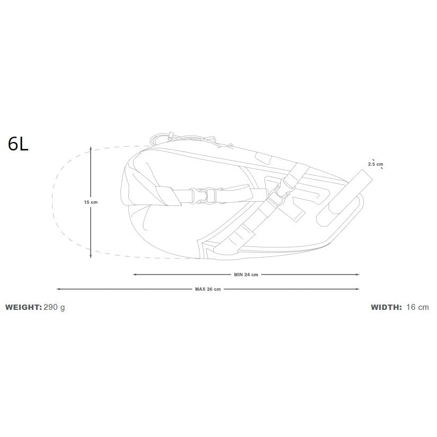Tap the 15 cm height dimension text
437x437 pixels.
pyautogui.click(x=91, y=202)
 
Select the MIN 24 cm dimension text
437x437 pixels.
pyautogui.click(x=246, y=275)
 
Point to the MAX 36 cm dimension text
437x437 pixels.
pyautogui.click(x=208, y=289)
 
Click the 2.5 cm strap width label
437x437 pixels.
pyautogui.click(x=376, y=164)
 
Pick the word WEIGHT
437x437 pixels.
pyautogui.click(x=23, y=307)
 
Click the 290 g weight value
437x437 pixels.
pyautogui.click(x=55, y=307)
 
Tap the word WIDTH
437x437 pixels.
pyautogui.click(x=386, y=307)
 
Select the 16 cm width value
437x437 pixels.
pyautogui.click(x=417, y=307)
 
